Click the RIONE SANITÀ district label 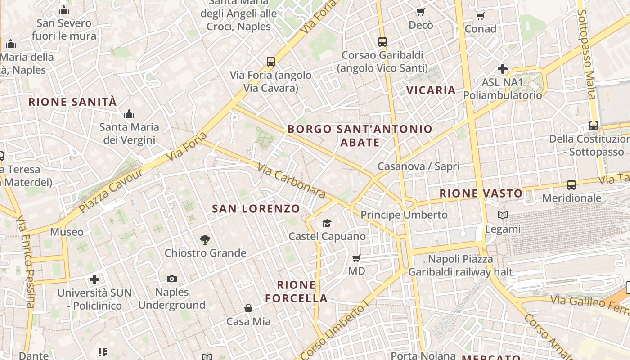pos(72,102)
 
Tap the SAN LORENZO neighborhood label pos(256,208)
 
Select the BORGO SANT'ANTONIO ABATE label pos(360,135)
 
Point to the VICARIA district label pos(431,90)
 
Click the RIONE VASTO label pos(481,193)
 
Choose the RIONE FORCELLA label pos(296,291)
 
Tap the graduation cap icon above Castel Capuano pos(327,223)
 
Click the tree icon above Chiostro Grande pos(205,240)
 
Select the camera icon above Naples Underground pos(171,279)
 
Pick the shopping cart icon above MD pos(356,258)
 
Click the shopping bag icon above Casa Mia pos(248,308)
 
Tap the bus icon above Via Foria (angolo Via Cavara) pos(270,62)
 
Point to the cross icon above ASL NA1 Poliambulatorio pos(502,69)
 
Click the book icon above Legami pos(503,216)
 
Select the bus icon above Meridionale pos(571,184)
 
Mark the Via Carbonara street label pos(291,180)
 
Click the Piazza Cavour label pos(111,190)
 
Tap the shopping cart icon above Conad pos(480,16)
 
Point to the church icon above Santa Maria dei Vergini pos(129,114)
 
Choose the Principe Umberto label pos(404,215)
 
